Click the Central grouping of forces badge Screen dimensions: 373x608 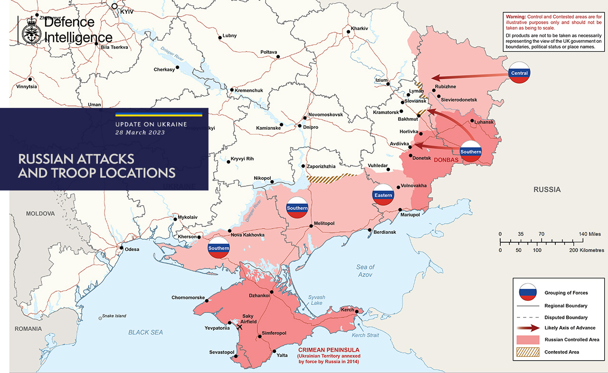[x=519, y=73]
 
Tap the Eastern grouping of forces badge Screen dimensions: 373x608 [x=383, y=195]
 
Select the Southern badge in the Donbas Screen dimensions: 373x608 [x=471, y=152]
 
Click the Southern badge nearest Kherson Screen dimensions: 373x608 [x=218, y=248]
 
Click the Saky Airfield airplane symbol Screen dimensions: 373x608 [x=238, y=327]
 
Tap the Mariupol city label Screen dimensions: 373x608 [x=410, y=215]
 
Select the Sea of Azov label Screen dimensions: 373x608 [x=365, y=271]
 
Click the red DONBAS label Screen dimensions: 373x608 [x=446, y=160]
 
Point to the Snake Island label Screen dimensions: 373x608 [x=114, y=316]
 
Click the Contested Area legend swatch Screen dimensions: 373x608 [x=528, y=352]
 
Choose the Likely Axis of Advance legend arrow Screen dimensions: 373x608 [x=528, y=328]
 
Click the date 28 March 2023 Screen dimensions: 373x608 [x=140, y=133]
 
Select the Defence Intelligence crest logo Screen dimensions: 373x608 [x=31, y=29]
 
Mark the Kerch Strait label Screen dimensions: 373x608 [x=365, y=335]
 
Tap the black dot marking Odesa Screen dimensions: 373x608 [x=122, y=248]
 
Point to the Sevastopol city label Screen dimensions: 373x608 [x=222, y=352]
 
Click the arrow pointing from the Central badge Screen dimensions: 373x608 [x=468, y=76]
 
